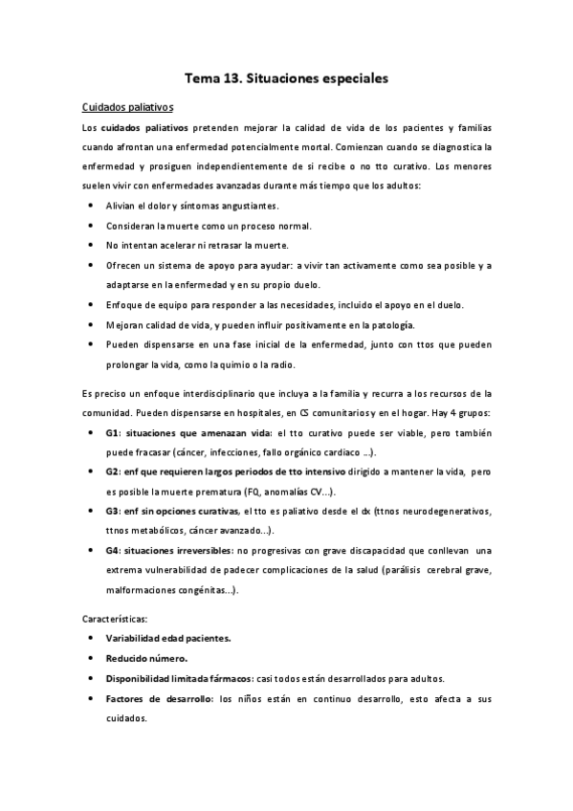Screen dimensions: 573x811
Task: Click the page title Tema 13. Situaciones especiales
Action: click(x=286, y=81)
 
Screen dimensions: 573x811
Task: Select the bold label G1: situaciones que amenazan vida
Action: click(x=176, y=433)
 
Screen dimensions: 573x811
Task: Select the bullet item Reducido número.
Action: click(x=146, y=658)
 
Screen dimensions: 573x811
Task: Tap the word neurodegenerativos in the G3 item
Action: click(x=450, y=512)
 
